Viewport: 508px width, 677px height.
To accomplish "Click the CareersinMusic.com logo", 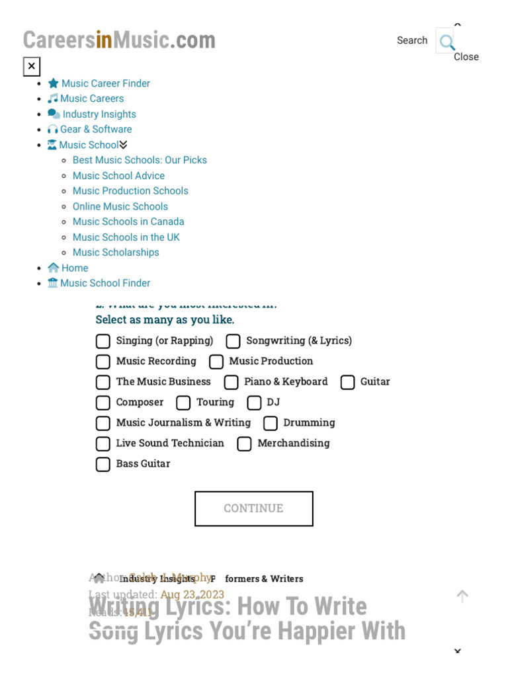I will point(119,40).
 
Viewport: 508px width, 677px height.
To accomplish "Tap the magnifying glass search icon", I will point(446,42).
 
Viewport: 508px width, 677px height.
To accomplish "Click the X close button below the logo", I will point(32,66).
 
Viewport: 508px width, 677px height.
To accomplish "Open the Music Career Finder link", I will point(105,83).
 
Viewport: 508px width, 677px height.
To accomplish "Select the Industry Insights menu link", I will point(99,114).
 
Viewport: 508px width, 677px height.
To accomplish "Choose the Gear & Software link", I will point(95,130).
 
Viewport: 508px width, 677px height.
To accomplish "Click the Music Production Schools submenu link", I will point(130,191).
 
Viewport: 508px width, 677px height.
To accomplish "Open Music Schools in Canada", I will point(128,221).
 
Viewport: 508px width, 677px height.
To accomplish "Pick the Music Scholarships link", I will point(116,253).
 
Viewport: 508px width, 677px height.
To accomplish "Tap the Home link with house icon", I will point(74,268).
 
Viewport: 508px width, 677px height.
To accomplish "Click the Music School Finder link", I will point(105,283).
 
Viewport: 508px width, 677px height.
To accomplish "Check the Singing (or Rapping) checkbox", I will point(103,341).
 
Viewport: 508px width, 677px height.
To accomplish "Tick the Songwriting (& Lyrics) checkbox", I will point(233,341).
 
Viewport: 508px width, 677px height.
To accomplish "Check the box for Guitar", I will point(348,382).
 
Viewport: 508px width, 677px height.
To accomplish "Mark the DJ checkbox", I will point(254,403).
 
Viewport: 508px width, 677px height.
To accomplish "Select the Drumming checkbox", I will point(271,423).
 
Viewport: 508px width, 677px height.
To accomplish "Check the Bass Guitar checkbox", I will point(103,464).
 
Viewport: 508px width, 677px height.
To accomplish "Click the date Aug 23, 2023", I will point(192,594).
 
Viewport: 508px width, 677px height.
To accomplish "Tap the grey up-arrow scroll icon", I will point(462,596).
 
